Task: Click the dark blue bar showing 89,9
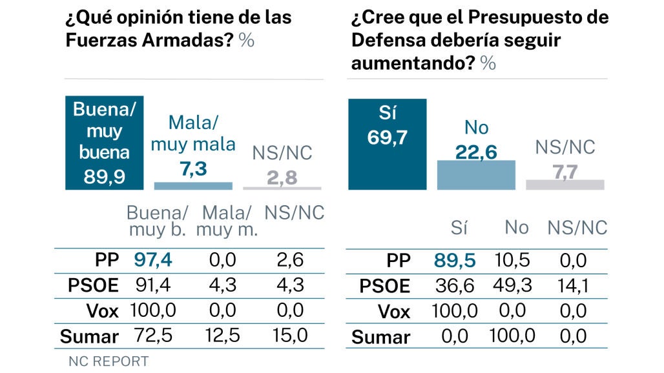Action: [x=105, y=143]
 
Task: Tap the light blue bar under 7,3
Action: [x=193, y=185]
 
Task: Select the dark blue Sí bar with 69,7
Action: [x=387, y=144]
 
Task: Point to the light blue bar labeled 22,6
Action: [x=476, y=174]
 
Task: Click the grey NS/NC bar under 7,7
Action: [x=565, y=185]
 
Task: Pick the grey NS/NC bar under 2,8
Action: [x=282, y=188]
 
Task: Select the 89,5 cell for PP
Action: [x=454, y=261]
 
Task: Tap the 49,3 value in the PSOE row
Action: [x=515, y=286]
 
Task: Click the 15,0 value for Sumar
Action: [x=288, y=336]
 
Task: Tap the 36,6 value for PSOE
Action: [x=455, y=286]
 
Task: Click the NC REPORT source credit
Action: [x=109, y=361]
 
